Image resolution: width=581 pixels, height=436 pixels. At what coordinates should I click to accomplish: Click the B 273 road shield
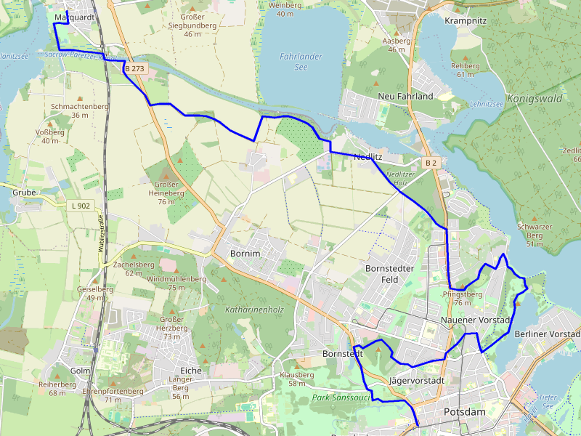(134, 68)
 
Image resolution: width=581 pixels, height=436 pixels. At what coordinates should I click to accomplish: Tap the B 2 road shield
(431, 162)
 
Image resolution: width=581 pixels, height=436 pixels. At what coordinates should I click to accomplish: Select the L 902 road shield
(81, 206)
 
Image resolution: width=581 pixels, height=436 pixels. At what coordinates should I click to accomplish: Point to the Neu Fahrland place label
(405, 96)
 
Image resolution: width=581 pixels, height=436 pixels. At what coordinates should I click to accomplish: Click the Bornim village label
(245, 254)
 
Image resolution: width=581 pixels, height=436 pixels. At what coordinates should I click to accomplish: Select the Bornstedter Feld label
(389, 274)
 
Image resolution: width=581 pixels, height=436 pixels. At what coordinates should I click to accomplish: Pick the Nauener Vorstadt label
(476, 320)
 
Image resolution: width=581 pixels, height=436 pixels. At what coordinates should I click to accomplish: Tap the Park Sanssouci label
(341, 397)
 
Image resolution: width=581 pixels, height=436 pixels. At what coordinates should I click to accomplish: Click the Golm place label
(80, 371)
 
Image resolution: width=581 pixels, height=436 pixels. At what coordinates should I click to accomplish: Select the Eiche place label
(190, 371)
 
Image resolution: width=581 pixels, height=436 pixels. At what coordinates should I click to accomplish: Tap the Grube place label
(24, 193)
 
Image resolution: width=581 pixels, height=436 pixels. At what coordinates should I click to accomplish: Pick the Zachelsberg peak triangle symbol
(133, 257)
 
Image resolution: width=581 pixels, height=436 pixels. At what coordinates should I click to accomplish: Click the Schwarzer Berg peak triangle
(535, 218)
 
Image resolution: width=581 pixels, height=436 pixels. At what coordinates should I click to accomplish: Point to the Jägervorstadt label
(417, 380)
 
